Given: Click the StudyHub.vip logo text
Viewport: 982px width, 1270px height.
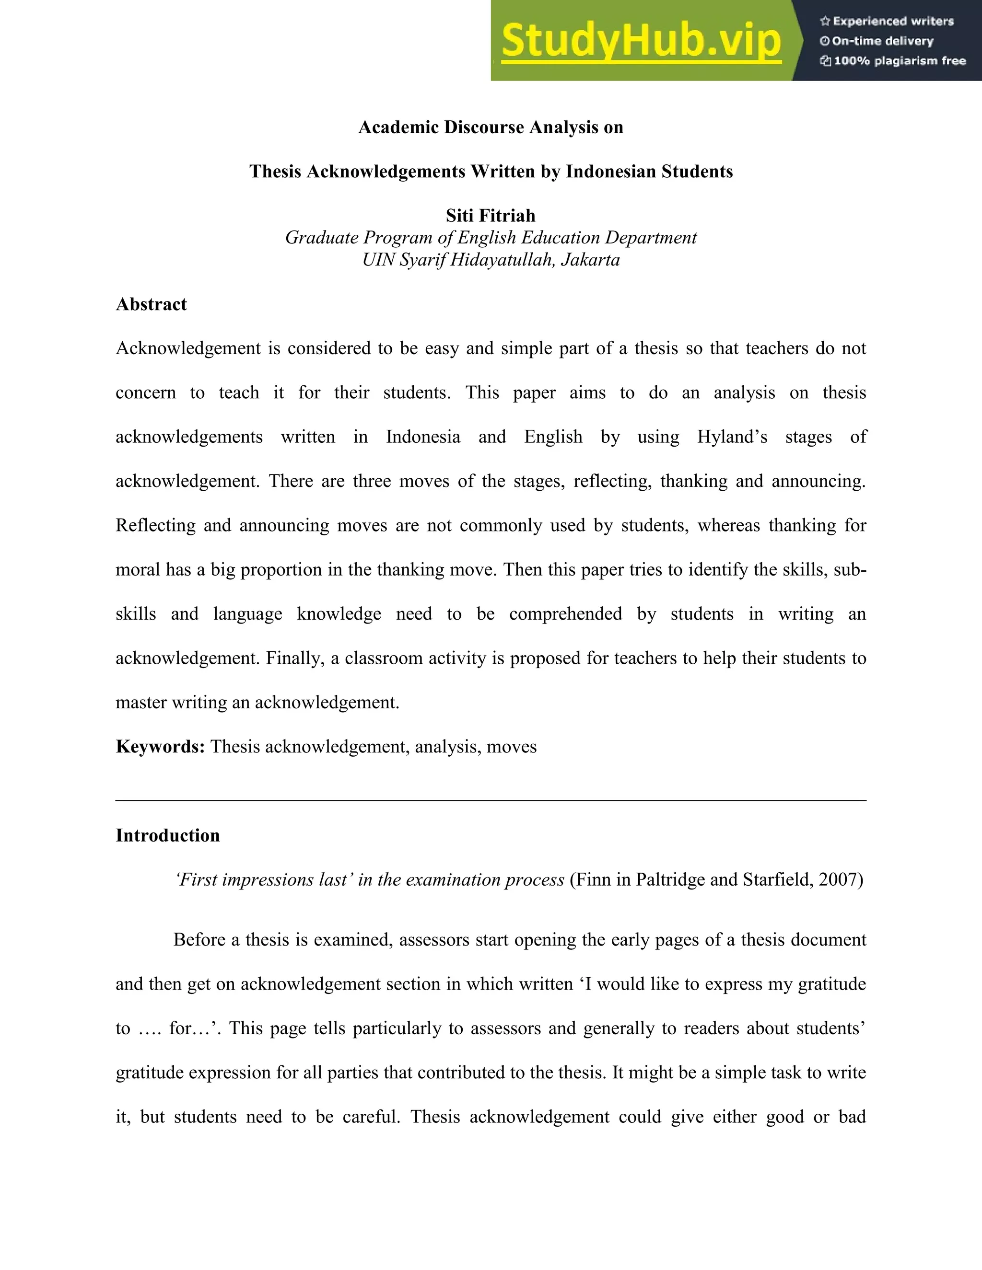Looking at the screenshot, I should [x=641, y=41].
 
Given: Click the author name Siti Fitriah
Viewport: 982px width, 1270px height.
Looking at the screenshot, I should [x=491, y=216].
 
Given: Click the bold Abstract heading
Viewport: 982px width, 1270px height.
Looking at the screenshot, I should [x=151, y=304].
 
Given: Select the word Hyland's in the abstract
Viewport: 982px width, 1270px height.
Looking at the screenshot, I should [x=732, y=437].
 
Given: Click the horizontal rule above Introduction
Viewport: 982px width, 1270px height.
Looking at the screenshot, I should [x=491, y=801].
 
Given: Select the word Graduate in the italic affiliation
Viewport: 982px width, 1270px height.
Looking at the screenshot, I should [x=321, y=238].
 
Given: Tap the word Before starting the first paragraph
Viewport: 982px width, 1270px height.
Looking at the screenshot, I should [x=199, y=940].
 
